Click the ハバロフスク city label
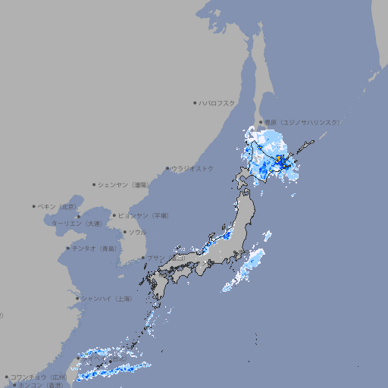(x=217, y=102)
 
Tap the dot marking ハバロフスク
(x=195, y=102)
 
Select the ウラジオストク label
(x=192, y=168)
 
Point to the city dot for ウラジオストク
(x=167, y=168)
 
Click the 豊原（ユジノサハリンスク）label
(x=302, y=122)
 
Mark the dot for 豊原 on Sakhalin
(x=261, y=122)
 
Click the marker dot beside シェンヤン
(x=95, y=184)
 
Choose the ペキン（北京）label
(x=58, y=206)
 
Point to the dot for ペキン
(x=34, y=206)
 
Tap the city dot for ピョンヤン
(x=114, y=215)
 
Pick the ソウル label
(x=137, y=232)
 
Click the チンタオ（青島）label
(x=95, y=248)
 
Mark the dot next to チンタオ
(x=68, y=248)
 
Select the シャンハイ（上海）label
(x=106, y=299)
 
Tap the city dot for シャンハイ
(x=77, y=299)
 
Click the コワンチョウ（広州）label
(x=39, y=377)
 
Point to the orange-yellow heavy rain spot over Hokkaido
(x=280, y=159)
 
